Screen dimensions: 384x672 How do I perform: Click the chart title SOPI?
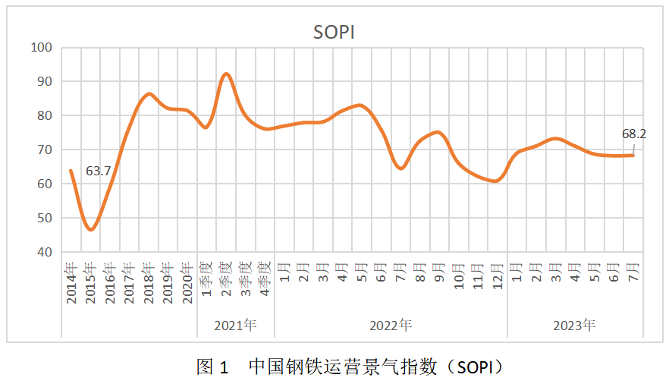[x=334, y=32]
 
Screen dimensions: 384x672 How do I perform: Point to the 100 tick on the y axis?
[x=41, y=48]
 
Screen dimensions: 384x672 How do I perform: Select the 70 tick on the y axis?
[x=44, y=150]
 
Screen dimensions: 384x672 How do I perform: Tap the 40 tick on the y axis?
[x=44, y=252]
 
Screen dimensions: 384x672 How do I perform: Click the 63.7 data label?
[x=99, y=172]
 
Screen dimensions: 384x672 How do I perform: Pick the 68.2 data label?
[x=634, y=134]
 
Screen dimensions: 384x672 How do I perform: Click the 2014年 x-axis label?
[x=71, y=282]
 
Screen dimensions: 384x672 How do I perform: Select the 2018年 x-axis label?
[x=149, y=282]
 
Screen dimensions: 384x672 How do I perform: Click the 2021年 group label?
[x=235, y=326]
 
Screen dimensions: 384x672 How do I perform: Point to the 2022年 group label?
[x=391, y=326]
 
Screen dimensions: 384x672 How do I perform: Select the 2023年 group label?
[x=574, y=326]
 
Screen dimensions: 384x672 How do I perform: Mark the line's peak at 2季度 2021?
[x=226, y=74]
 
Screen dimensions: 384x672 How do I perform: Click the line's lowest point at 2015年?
[x=91, y=229]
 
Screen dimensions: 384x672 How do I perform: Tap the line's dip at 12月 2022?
[x=495, y=181]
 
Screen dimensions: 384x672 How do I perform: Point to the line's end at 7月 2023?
[x=633, y=156]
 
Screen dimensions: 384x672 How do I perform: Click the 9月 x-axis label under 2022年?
[x=438, y=272]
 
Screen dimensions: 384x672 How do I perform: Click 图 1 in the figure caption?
[x=212, y=367]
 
